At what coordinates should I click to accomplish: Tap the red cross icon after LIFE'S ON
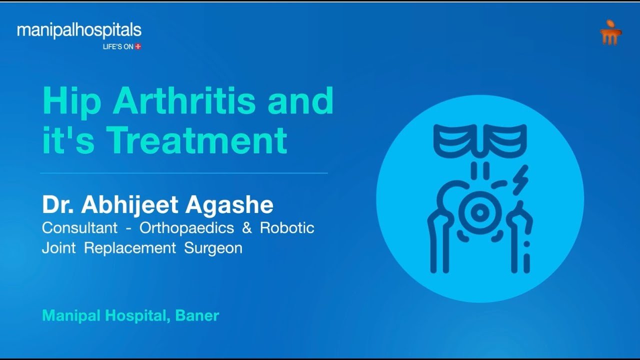(138, 46)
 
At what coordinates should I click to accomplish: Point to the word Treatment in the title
(198, 140)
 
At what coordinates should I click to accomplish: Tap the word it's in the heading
(68, 140)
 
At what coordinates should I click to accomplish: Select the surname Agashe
(229, 205)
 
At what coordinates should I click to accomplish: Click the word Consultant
(79, 227)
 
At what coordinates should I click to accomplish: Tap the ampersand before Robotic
(247, 228)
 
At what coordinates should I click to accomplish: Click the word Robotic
(287, 227)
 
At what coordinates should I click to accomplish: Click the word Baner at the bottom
(197, 315)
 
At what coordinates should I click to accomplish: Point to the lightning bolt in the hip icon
(520, 180)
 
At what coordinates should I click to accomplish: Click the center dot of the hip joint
(480, 212)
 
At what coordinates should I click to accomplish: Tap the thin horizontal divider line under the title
(183, 173)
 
